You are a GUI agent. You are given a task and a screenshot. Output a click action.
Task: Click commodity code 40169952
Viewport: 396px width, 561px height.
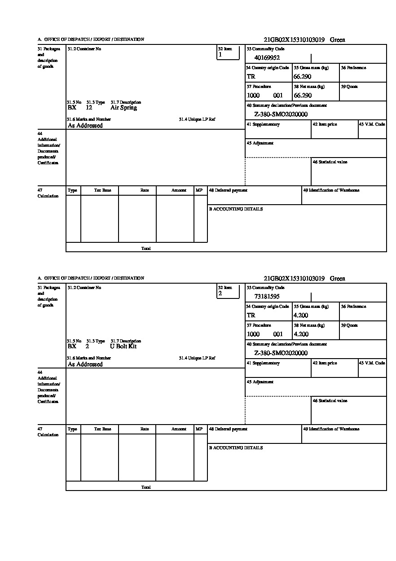[x=267, y=57]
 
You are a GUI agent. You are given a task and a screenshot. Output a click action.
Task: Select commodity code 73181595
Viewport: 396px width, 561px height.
[x=267, y=296]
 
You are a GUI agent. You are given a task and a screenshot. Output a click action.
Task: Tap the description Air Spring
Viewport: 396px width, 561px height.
[x=123, y=108]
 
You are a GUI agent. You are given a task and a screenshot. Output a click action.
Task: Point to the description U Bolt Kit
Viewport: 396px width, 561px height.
[x=123, y=346]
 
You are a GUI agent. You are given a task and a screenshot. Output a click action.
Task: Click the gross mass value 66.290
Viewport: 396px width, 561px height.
[x=303, y=77]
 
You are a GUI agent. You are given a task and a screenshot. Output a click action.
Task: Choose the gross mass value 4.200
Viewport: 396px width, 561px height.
[x=301, y=316]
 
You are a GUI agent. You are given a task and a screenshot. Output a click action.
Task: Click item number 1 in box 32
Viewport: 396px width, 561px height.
[x=220, y=55]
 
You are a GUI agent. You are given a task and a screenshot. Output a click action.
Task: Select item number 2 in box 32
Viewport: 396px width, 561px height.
[x=220, y=294]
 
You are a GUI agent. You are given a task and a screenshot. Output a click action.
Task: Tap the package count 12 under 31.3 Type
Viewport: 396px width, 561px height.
[x=89, y=108]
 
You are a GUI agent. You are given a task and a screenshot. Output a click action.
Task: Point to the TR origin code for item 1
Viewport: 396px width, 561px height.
[x=251, y=77]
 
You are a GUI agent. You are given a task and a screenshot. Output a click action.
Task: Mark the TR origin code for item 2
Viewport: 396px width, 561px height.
[x=251, y=316]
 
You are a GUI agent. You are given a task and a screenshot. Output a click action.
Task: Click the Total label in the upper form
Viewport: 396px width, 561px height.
[x=146, y=248]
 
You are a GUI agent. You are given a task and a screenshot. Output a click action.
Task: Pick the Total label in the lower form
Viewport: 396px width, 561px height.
[x=146, y=487]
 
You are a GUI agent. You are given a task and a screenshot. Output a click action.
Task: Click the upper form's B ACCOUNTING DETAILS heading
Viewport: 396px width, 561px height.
[x=236, y=209]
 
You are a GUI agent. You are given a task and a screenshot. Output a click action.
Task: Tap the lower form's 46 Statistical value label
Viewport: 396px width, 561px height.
[x=330, y=401]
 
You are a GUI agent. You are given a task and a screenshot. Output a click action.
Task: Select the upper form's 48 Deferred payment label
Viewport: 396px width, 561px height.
[x=228, y=190]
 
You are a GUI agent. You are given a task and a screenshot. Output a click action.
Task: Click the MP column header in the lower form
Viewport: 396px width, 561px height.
[x=199, y=429]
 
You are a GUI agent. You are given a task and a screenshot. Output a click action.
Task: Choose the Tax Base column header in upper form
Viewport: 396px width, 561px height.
[x=102, y=190]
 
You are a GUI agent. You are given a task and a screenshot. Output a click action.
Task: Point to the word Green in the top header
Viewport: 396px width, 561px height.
[x=338, y=40]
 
